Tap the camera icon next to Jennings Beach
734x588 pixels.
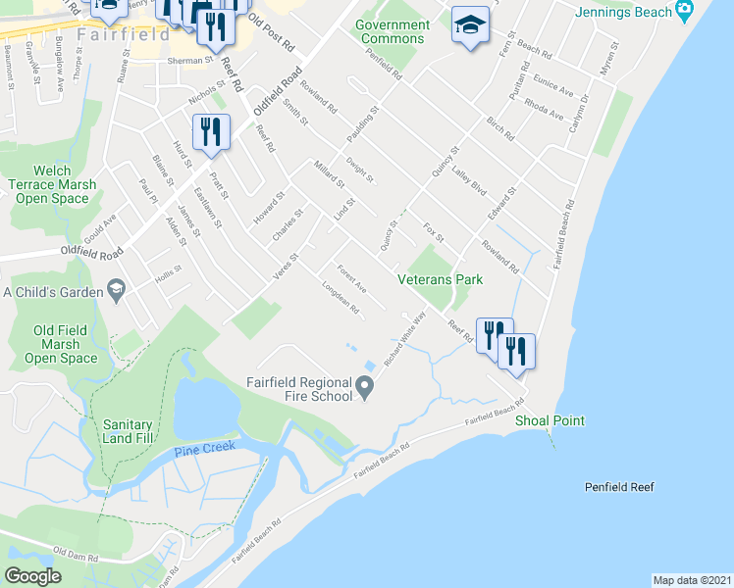coord(684,12)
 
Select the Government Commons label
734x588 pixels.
coord(392,31)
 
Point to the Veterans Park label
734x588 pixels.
coord(441,279)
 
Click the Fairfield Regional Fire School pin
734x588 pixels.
coord(365,389)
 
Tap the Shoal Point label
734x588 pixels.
coord(550,420)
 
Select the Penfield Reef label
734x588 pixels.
coord(618,487)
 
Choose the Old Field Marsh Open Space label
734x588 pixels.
coord(67,344)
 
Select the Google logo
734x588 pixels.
coord(33,576)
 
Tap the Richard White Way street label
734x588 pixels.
coord(405,339)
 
